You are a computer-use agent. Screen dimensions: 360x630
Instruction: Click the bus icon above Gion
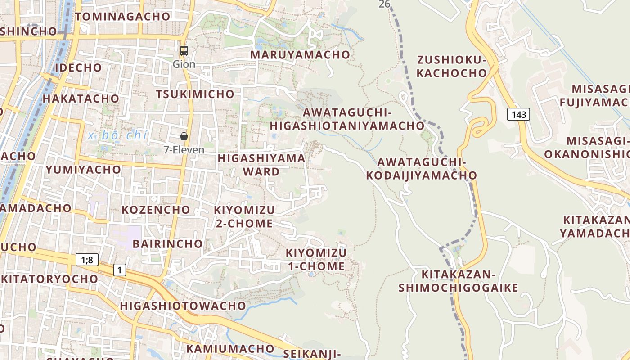tap(184, 50)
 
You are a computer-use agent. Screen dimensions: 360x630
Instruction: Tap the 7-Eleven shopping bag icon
tap(184, 136)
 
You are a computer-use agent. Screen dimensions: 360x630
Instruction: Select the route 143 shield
tap(518, 114)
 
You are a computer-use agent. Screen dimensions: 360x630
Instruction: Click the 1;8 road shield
tap(87, 259)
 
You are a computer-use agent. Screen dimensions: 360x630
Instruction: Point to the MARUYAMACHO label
tap(300, 55)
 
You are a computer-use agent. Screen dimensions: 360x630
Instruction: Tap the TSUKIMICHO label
tap(195, 94)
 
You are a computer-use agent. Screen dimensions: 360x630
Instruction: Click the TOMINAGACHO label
tap(123, 17)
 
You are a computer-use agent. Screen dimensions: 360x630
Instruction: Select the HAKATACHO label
tap(81, 99)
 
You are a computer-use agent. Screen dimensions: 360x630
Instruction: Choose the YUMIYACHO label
tap(83, 170)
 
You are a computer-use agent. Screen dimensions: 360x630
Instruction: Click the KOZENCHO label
tap(156, 210)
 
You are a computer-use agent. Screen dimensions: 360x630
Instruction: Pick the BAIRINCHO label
tap(168, 244)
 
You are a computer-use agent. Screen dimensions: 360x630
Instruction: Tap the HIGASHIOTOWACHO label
tap(183, 306)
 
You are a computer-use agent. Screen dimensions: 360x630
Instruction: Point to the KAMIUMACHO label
tap(230, 348)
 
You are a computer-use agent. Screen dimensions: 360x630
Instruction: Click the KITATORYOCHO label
tap(49, 279)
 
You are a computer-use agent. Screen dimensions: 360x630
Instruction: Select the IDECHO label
tap(78, 68)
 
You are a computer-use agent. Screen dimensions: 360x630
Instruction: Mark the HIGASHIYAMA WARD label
tap(261, 165)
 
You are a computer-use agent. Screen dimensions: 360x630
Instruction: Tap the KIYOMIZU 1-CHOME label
tap(316, 259)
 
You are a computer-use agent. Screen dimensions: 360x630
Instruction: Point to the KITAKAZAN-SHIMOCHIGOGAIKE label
tap(458, 281)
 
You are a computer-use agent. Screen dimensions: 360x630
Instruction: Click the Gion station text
tap(184, 64)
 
